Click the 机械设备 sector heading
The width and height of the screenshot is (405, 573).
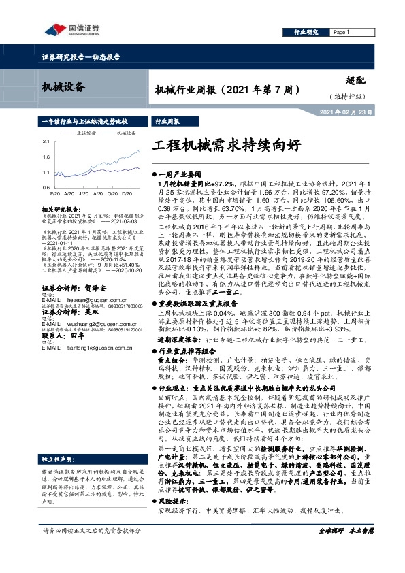(61, 86)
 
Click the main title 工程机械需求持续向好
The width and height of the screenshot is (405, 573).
(226, 146)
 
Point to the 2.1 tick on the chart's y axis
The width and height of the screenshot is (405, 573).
(46, 141)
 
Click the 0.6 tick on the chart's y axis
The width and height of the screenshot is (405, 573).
(46, 186)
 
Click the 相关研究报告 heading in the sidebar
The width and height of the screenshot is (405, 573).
(61, 205)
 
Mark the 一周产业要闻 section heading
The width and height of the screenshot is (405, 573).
(179, 175)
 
